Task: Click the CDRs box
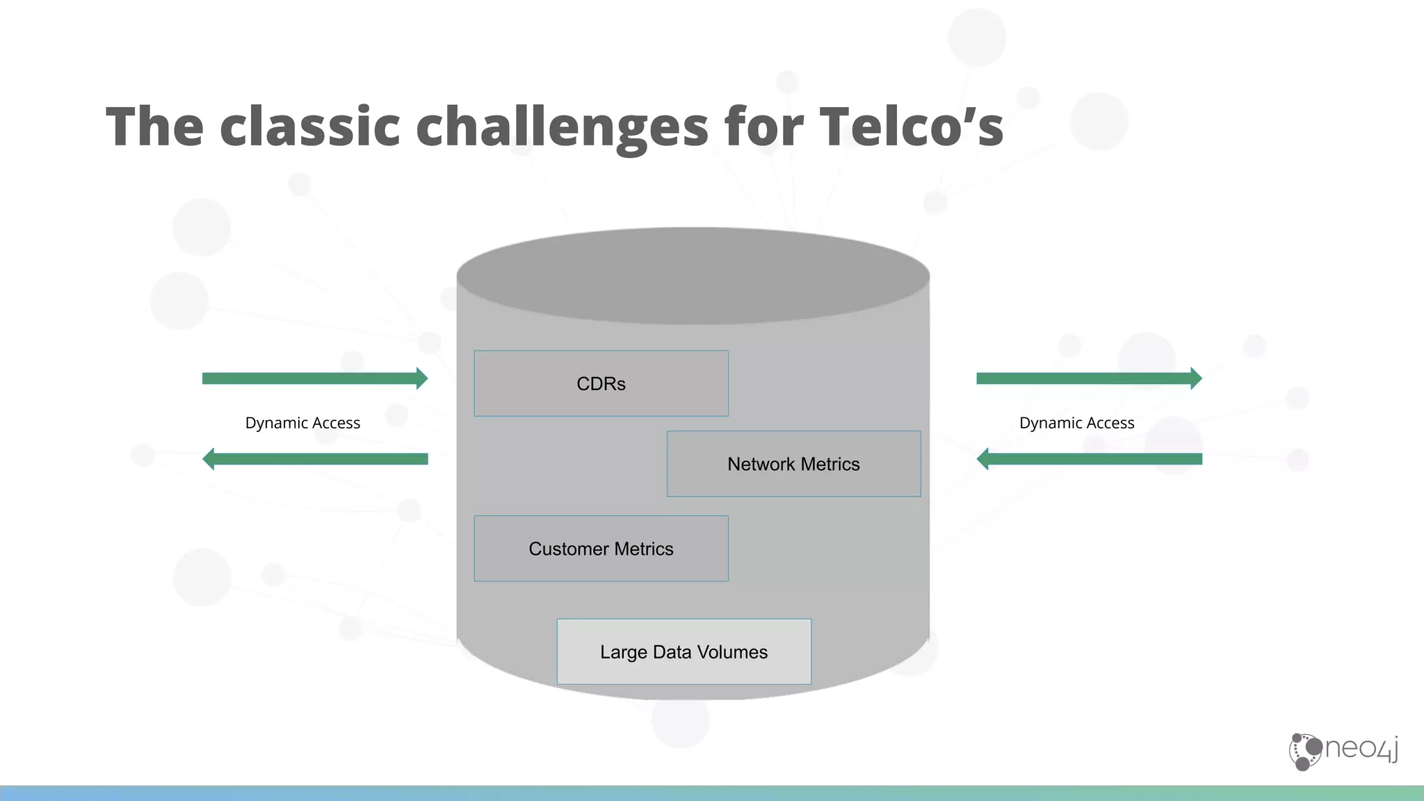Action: tap(601, 384)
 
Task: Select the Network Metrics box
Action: tap(793, 464)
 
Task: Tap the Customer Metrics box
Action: tap(601, 549)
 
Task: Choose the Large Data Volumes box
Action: tap(683, 652)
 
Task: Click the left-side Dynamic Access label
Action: tap(302, 423)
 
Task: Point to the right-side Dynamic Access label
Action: tap(1076, 423)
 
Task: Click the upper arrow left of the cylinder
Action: tap(314, 378)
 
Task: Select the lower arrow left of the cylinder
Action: tap(314, 459)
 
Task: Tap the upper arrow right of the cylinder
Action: tap(1089, 378)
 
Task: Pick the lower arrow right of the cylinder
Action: tap(1089, 459)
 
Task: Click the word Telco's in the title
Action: tap(911, 127)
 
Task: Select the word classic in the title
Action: tap(310, 127)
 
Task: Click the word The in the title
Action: tap(154, 127)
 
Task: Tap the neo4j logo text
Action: tap(1361, 749)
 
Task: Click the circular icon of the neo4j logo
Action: tap(1305, 752)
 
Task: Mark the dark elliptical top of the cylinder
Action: tap(693, 275)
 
